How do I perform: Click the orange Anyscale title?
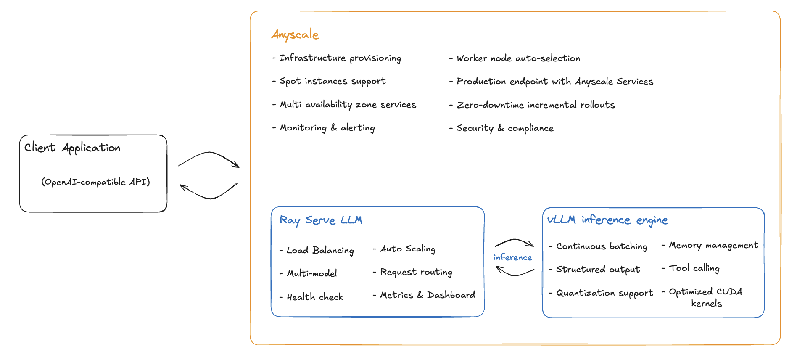[295, 34]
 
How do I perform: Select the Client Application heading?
[72, 148]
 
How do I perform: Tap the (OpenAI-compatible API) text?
[95, 182]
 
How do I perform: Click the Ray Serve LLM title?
[321, 220]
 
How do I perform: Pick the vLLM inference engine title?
[607, 220]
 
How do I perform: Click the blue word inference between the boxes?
[512, 257]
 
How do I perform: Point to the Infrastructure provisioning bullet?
[340, 58]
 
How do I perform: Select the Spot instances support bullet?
[333, 81]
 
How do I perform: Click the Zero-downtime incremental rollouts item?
[536, 105]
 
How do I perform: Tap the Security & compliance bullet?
[505, 128]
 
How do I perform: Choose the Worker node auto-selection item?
[518, 58]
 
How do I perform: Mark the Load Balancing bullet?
[320, 251]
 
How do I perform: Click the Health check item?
[315, 297]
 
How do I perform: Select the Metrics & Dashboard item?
[428, 295]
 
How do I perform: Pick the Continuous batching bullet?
[602, 246]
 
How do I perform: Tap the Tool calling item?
[694, 268]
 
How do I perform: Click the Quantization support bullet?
[604, 293]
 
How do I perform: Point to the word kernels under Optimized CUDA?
[706, 304]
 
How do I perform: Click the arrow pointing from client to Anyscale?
[209, 159]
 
